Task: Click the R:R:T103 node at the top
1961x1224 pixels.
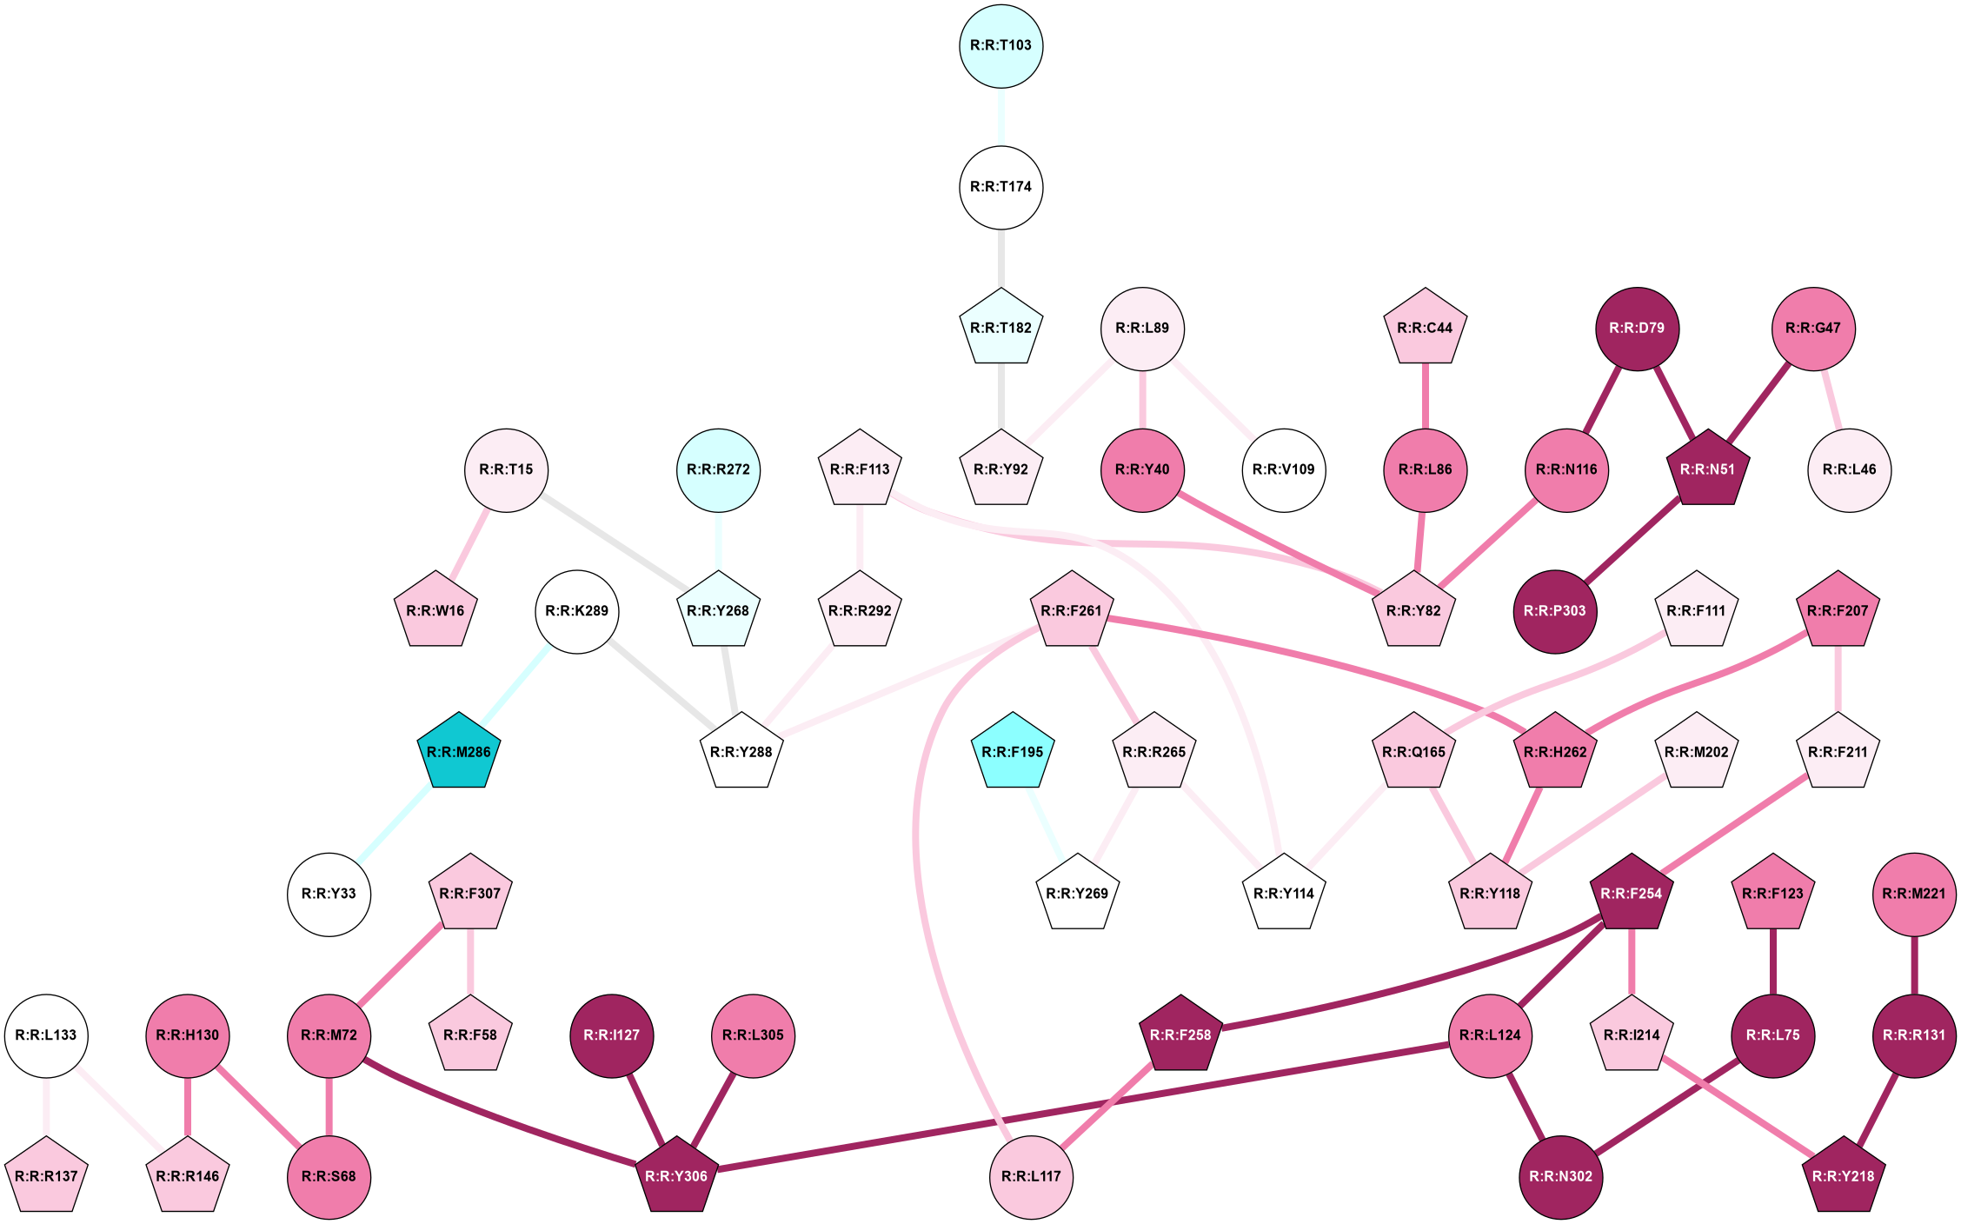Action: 1001,46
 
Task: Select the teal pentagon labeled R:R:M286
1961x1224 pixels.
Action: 458,752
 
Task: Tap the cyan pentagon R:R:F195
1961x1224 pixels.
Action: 1012,752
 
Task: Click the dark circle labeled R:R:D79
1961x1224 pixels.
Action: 1637,329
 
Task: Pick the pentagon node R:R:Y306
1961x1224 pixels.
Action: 676,1176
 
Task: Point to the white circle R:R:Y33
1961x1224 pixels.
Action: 329,894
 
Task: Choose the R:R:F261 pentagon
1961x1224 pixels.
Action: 1071,611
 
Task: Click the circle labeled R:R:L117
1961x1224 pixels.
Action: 1031,1176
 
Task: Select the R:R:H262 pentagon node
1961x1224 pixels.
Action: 1555,752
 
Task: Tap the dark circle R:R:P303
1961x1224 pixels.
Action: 1554,611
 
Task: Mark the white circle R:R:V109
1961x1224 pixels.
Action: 1283,470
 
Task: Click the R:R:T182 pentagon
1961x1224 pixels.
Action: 1001,329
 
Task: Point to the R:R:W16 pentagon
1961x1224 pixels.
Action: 435,611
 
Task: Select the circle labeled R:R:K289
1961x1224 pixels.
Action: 577,611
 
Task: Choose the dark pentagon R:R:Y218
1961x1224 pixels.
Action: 1843,1176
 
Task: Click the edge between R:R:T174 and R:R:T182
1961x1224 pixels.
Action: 1001,258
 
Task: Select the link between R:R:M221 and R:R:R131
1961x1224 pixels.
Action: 1914,965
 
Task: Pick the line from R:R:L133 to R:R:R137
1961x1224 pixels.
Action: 46,1106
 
